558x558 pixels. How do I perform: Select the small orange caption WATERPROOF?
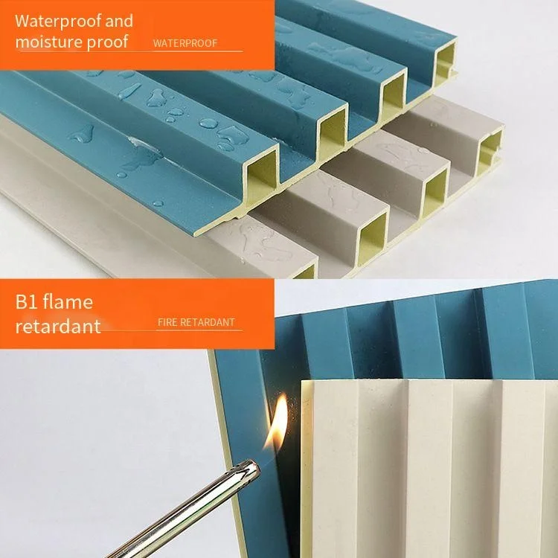pyautogui.click(x=185, y=43)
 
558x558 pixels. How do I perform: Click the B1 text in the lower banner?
pyautogui.click(x=27, y=302)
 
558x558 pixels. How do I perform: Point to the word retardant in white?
pyautogui.click(x=57, y=326)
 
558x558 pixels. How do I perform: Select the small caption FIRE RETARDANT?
pyautogui.click(x=196, y=323)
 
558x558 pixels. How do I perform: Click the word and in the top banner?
pyautogui.click(x=119, y=21)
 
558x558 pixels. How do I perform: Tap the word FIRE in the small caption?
pyautogui.click(x=167, y=323)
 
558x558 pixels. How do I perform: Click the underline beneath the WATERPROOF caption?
pyautogui.click(x=197, y=51)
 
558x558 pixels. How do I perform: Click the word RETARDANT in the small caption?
pyautogui.click(x=208, y=323)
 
